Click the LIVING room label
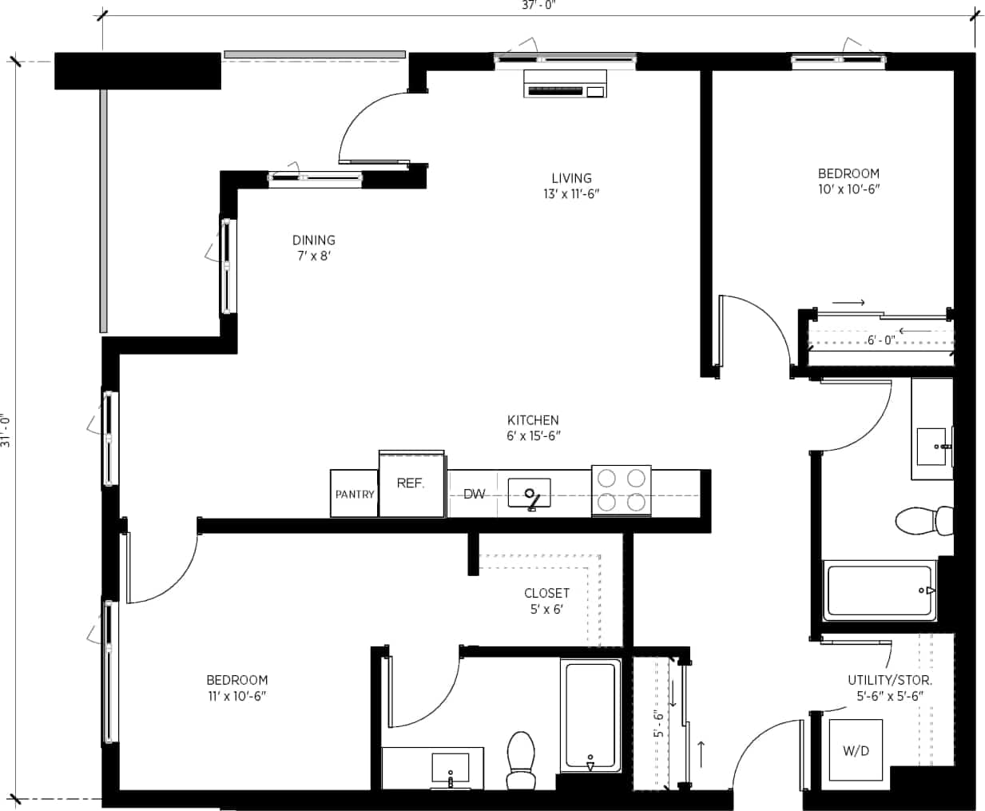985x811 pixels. point(571,185)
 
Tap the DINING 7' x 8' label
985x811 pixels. point(313,248)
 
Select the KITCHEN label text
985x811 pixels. point(533,427)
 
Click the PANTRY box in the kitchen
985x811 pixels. point(354,494)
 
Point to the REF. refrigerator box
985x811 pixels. point(411,484)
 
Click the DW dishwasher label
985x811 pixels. point(474,494)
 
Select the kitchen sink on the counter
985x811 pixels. point(530,494)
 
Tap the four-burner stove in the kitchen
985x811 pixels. point(621,490)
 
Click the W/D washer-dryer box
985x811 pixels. point(856,751)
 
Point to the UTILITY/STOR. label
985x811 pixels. point(889,687)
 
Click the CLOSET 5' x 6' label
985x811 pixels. point(546,601)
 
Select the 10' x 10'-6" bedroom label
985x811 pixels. point(848,181)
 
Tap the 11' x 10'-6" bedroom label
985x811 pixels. point(236,687)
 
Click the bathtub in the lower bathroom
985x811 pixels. point(590,715)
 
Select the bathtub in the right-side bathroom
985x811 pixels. point(880,591)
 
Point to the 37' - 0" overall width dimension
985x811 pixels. point(537,6)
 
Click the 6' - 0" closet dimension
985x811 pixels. point(881,340)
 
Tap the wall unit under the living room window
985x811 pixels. point(565,84)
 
